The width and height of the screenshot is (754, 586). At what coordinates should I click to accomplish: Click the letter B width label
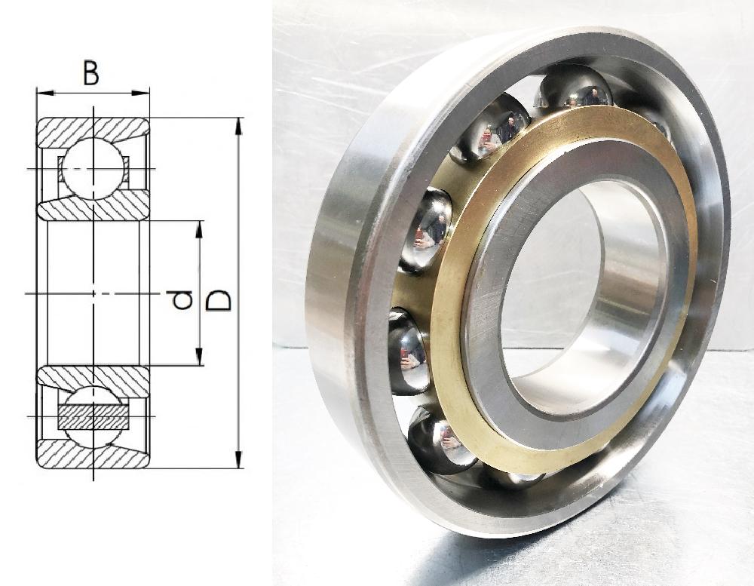90,74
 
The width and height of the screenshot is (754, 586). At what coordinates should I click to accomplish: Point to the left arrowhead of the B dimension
42,94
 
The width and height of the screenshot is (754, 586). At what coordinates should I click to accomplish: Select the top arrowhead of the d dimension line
200,229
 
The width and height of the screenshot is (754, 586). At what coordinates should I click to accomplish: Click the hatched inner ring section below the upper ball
94,209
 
